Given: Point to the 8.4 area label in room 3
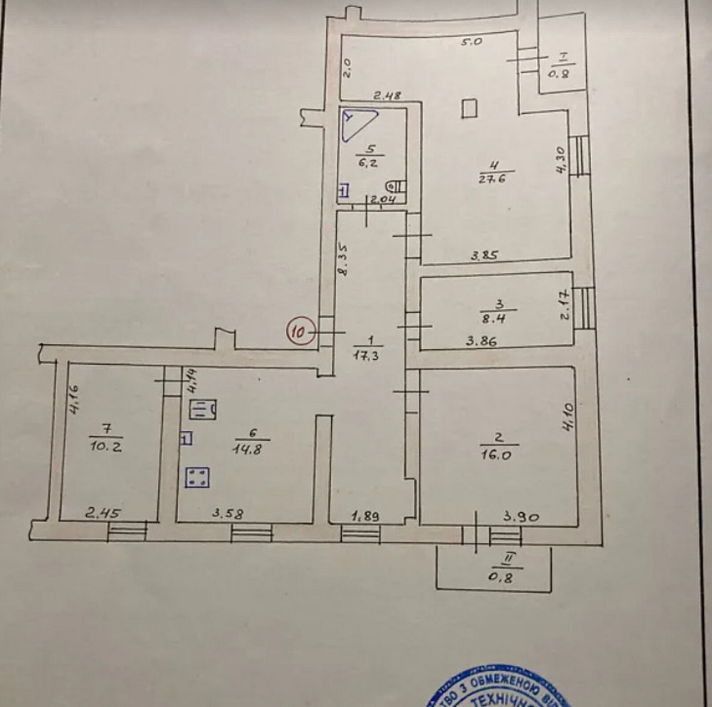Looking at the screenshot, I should tap(499, 319).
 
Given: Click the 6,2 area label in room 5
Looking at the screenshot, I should tap(369, 162).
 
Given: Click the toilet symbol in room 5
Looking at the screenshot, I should tap(399, 186).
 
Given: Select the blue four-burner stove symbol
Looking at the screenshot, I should tap(197, 477).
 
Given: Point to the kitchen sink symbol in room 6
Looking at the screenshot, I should tap(204, 410).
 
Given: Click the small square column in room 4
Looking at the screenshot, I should tap(468, 108).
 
